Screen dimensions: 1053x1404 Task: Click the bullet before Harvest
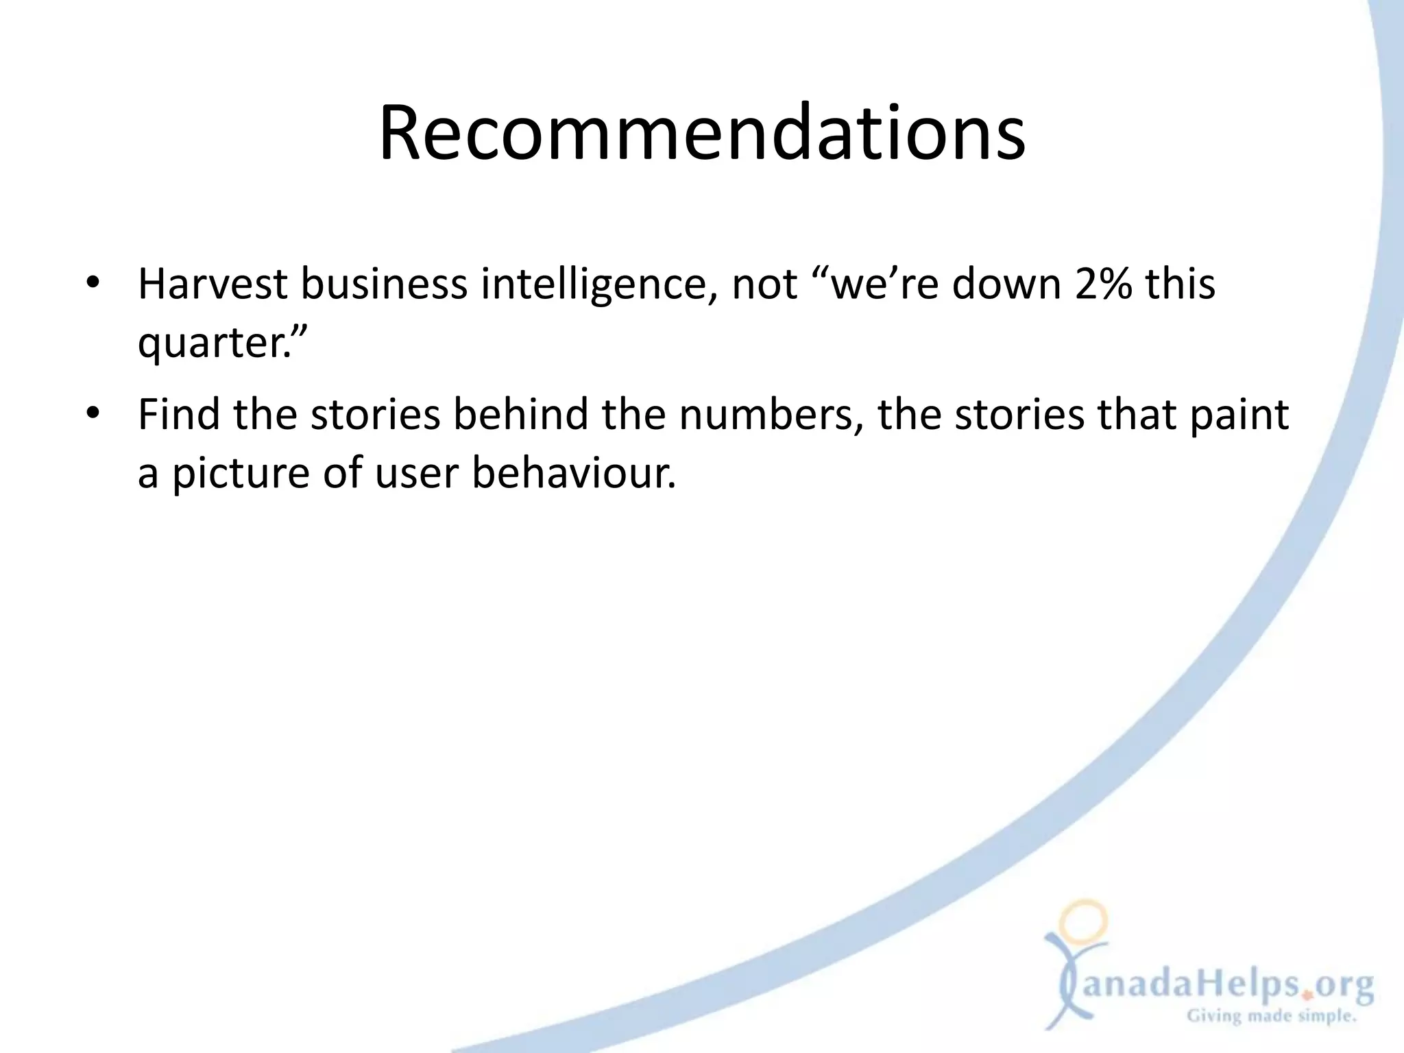94,284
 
